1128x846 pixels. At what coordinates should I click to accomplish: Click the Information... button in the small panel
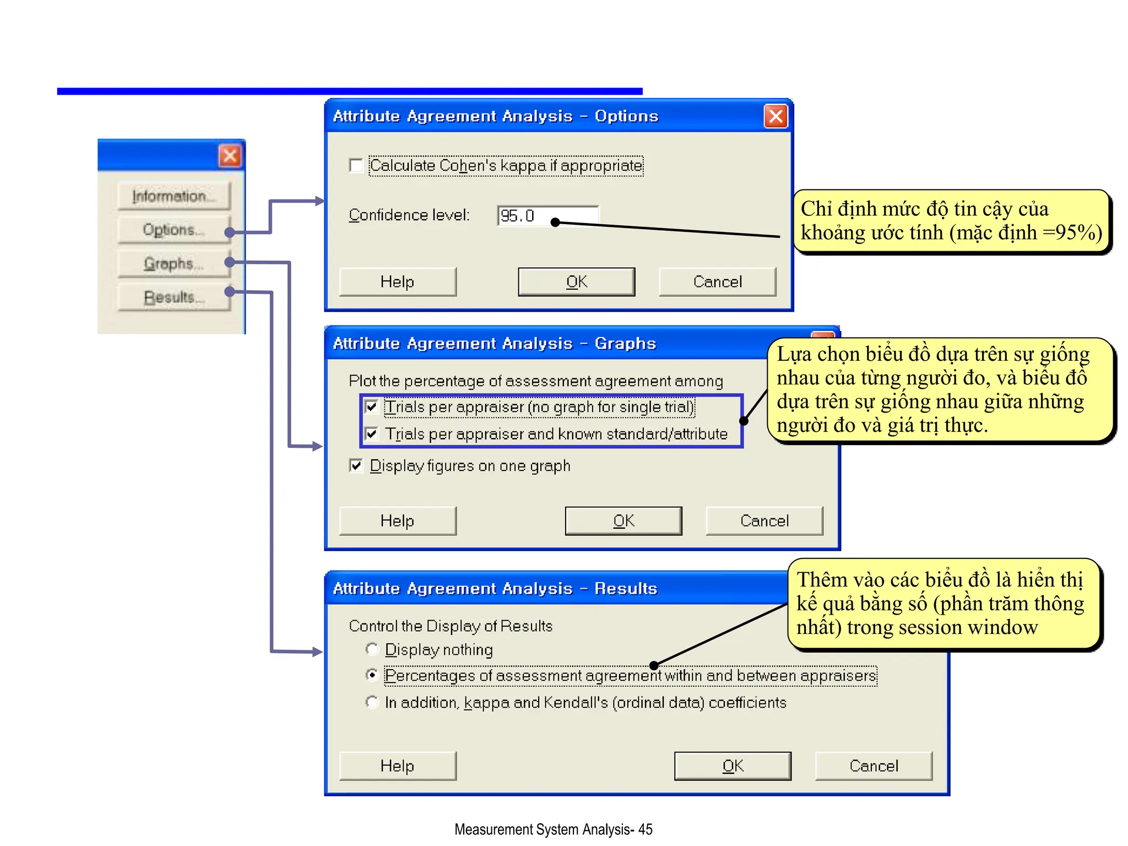pyautogui.click(x=173, y=196)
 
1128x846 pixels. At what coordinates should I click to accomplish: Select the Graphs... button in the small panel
pyautogui.click(x=173, y=263)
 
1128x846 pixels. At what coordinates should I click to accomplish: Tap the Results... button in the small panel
pyautogui.click(x=173, y=297)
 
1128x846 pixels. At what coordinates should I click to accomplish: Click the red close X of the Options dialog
pyautogui.click(x=775, y=116)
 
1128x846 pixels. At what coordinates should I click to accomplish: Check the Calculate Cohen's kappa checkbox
pyautogui.click(x=356, y=165)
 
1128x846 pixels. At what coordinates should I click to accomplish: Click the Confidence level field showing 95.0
pyautogui.click(x=547, y=215)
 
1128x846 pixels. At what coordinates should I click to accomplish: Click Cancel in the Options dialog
pyautogui.click(x=717, y=282)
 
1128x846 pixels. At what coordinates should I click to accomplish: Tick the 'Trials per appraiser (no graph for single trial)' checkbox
pyautogui.click(x=372, y=406)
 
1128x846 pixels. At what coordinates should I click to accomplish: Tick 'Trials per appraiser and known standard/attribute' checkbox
pyautogui.click(x=372, y=434)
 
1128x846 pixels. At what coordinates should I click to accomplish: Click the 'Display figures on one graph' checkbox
pyautogui.click(x=356, y=466)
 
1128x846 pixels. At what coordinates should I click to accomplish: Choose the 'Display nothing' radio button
pyautogui.click(x=372, y=649)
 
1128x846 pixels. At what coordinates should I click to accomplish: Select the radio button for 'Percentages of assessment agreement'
pyautogui.click(x=372, y=675)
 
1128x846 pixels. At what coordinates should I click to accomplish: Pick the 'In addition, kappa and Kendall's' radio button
pyautogui.click(x=372, y=702)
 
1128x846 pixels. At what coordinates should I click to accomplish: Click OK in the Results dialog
pyautogui.click(x=733, y=766)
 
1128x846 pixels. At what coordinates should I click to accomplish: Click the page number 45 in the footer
pyautogui.click(x=646, y=829)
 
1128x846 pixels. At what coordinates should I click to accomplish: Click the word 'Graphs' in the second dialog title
pyautogui.click(x=625, y=343)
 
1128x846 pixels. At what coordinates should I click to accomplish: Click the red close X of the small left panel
pyautogui.click(x=230, y=156)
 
